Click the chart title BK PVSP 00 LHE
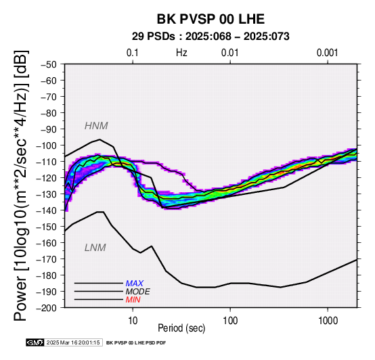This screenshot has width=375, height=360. point(211,19)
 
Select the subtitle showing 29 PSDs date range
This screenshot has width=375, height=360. point(211,37)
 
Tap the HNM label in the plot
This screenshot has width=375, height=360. point(96,126)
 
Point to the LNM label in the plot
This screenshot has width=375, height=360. point(95,248)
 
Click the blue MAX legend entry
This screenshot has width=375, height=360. point(135,284)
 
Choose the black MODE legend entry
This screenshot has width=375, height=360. point(138,292)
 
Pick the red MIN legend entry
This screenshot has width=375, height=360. point(133,300)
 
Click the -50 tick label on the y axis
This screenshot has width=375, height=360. point(49,64)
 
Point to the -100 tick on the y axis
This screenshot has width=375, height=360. point(47,145)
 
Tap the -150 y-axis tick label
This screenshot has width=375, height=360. point(47,227)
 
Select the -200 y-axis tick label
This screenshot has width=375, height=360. point(47,308)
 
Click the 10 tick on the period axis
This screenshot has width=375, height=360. point(133,321)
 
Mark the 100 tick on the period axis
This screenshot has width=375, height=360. point(230,321)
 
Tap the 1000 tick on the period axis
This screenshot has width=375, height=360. point(328,321)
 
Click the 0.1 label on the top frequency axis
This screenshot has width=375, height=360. point(133,53)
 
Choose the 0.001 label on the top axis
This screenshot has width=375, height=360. point(328,53)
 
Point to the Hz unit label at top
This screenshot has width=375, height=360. point(181,53)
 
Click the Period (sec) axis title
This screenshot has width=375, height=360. point(181,328)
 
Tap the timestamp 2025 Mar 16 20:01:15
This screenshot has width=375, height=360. point(73,342)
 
